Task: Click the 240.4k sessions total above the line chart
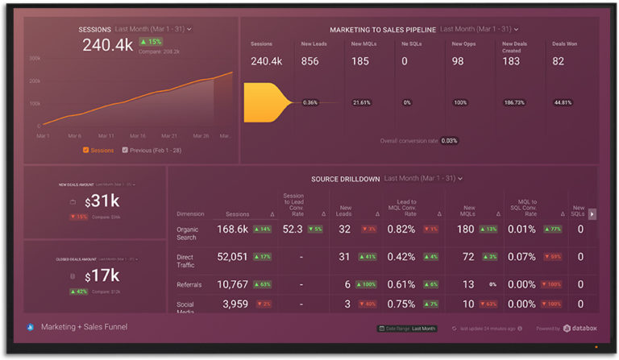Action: point(108,45)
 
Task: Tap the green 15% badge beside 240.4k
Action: point(152,42)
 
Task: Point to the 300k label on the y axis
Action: point(35,59)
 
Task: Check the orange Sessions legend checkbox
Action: point(85,150)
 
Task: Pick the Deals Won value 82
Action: point(559,61)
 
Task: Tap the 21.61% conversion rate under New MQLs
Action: point(362,103)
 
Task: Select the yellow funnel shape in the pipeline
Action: point(266,102)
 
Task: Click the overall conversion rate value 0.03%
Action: point(449,141)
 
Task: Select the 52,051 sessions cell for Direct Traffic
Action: point(232,257)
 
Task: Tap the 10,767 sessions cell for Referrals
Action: point(232,284)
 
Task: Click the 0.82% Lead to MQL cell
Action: point(401,230)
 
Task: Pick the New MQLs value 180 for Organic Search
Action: point(465,230)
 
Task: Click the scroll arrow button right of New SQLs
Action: point(593,214)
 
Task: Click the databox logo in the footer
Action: point(578,329)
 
